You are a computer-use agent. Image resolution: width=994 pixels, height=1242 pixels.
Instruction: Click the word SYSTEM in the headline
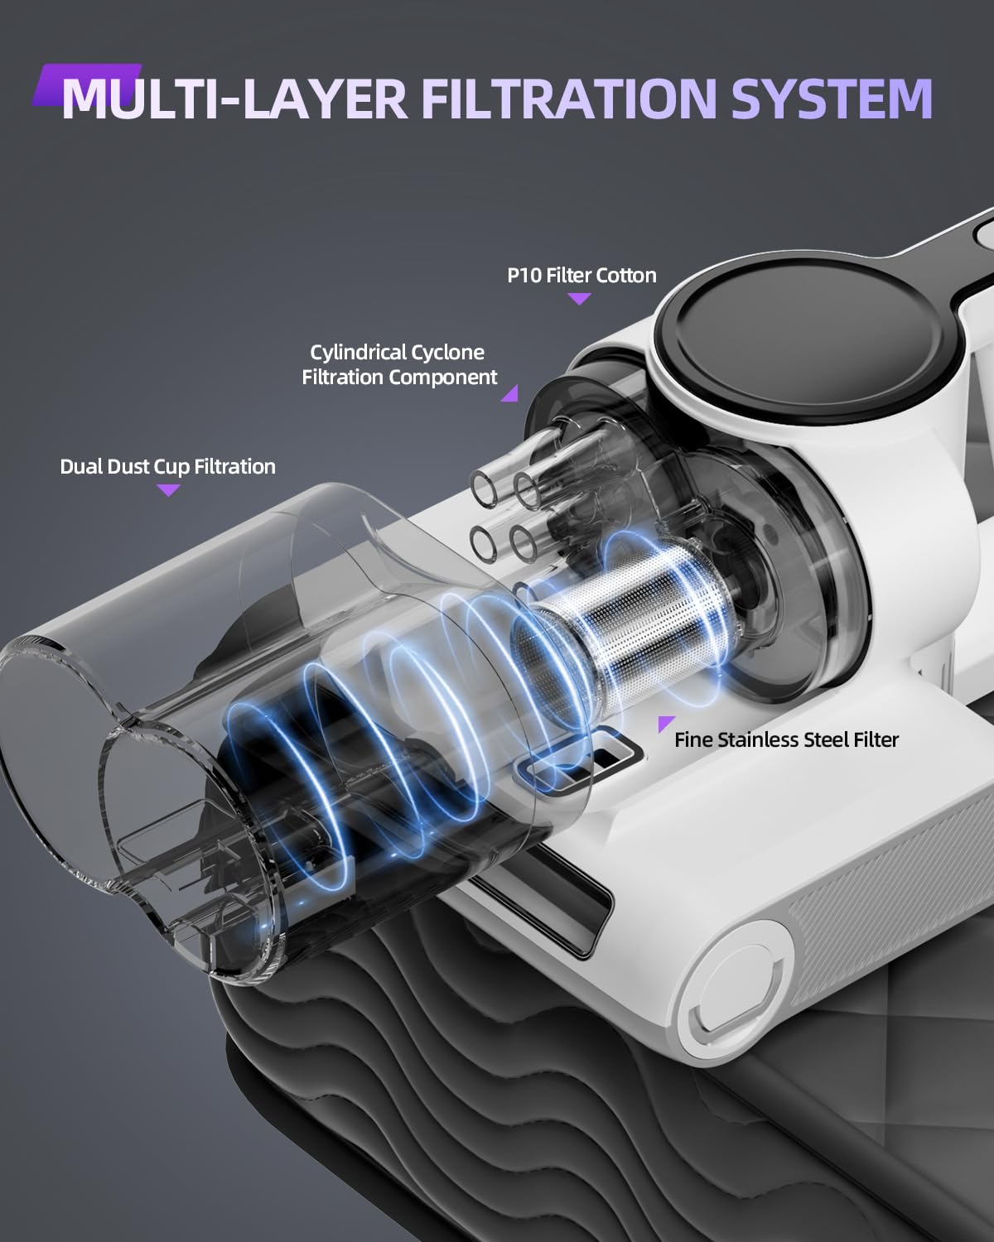click(832, 99)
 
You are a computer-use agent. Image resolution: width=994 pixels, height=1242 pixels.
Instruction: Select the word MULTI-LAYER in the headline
click(234, 99)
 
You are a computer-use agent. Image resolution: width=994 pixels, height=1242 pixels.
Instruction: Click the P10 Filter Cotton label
click(581, 275)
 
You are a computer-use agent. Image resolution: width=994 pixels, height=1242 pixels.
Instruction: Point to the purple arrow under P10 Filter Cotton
click(579, 298)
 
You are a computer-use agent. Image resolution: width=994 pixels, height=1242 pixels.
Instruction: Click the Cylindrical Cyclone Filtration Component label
click(399, 365)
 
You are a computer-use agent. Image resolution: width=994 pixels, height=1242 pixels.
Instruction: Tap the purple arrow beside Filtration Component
click(511, 395)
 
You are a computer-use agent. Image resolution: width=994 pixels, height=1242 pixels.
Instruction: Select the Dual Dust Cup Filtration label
click(167, 466)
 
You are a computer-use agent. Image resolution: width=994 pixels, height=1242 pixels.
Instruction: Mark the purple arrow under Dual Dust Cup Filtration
click(168, 489)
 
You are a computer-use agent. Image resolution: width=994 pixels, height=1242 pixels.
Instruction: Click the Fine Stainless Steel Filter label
click(786, 740)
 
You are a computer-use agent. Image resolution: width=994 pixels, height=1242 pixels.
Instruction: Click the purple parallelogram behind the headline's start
click(87, 84)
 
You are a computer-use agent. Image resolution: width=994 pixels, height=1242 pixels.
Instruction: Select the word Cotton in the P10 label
click(626, 275)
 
